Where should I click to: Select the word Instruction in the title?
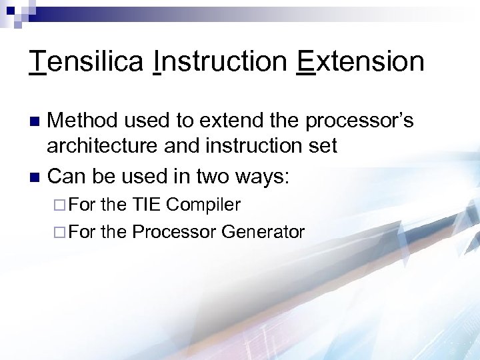[221, 62]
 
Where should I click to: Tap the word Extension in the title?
[360, 62]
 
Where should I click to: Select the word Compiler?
[205, 204]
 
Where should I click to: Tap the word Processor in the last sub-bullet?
[174, 231]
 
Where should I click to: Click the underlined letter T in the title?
[38, 62]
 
